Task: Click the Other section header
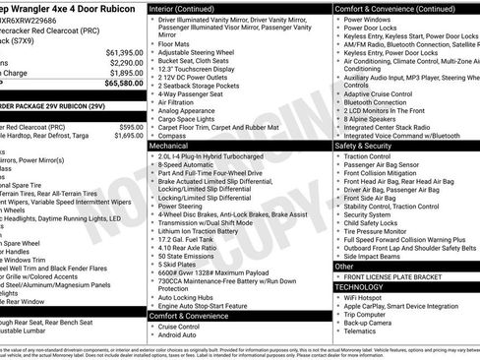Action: tap(344, 266)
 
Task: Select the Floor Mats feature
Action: tap(174, 43)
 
